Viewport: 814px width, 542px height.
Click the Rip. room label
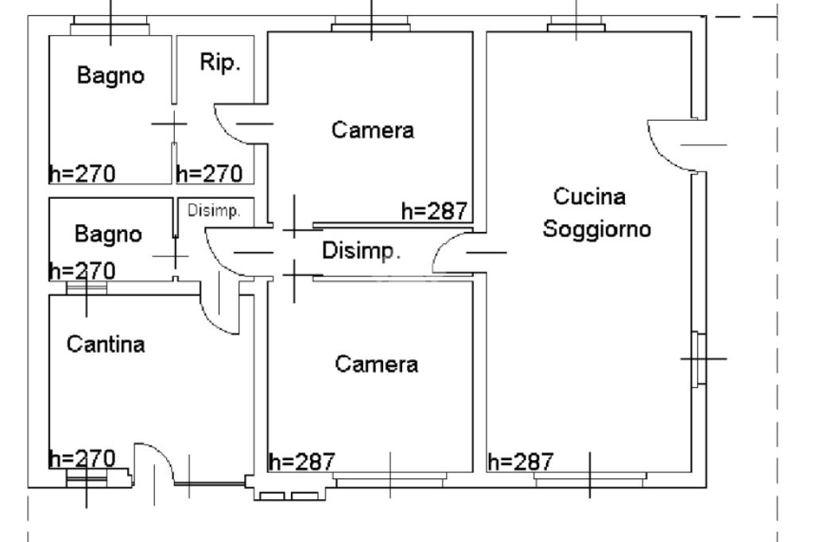(220, 64)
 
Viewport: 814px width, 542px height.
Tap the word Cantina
(106, 345)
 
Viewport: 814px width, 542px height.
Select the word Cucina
(590, 196)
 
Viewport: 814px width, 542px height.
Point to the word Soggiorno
(597, 230)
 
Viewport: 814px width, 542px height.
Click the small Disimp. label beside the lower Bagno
(214, 211)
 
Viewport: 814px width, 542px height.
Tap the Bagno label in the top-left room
(111, 76)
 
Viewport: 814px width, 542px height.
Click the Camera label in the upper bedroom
(373, 130)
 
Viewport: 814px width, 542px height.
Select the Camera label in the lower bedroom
(376, 365)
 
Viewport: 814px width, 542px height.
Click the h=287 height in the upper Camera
(435, 211)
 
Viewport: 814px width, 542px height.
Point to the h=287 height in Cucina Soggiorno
(521, 462)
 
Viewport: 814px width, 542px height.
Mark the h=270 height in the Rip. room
(209, 173)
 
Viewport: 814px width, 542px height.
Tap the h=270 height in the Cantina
(82, 459)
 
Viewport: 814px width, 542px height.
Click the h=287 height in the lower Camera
(302, 462)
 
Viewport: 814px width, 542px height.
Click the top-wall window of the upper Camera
(371, 26)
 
